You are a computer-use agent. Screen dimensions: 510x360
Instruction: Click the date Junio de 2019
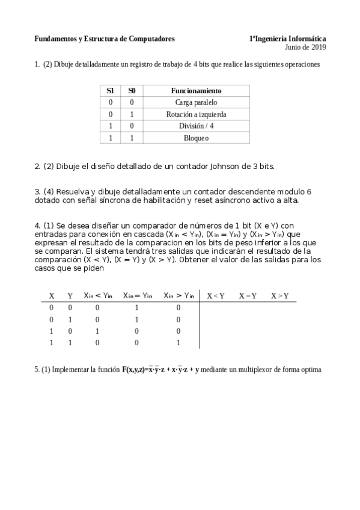tap(305, 47)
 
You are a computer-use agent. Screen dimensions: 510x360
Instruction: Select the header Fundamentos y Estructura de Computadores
tap(105, 38)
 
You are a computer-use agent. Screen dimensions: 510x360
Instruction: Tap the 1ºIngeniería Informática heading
tap(288, 38)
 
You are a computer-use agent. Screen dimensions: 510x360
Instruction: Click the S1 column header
tap(110, 91)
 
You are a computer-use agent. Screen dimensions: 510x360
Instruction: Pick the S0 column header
tap(132, 91)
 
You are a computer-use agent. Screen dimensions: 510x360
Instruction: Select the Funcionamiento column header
tap(196, 91)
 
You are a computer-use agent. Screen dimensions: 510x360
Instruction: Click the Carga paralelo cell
tap(196, 102)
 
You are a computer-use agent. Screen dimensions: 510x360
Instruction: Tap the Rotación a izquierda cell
tap(196, 114)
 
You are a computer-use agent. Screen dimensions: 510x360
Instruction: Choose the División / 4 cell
tap(196, 126)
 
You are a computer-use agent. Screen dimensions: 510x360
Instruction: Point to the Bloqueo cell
tap(196, 138)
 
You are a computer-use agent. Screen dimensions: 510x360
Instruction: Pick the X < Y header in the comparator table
tap(216, 296)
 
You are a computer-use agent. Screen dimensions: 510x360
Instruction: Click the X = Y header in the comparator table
tap(248, 296)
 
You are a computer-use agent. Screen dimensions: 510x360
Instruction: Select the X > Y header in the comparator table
tap(279, 296)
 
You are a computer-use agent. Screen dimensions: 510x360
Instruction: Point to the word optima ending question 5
tap(311, 370)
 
